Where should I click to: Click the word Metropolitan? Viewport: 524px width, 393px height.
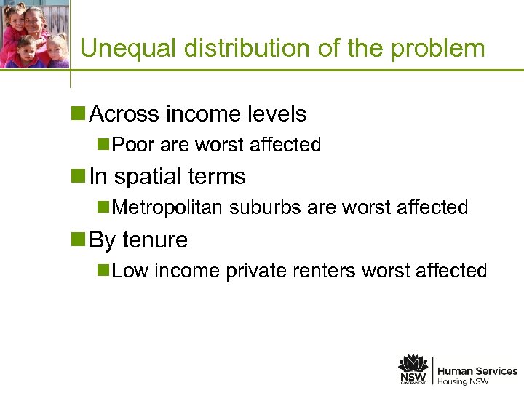169,208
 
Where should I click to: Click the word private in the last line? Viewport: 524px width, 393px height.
252,271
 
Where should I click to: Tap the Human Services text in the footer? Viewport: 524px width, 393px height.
477,371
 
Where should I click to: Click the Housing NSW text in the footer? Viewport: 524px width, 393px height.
463,381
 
